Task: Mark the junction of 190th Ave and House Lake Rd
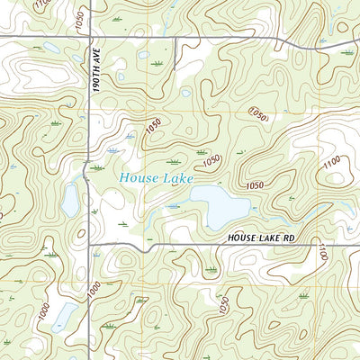90,244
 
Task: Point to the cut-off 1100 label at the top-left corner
40,4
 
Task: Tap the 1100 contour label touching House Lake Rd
319,253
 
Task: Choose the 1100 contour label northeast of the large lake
330,162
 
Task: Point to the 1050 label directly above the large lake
212,160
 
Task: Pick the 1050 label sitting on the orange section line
258,114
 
